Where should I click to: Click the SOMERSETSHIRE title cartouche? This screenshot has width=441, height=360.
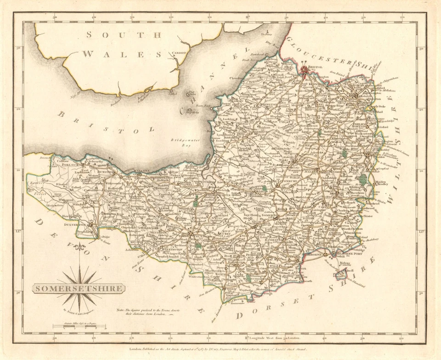point(78,289)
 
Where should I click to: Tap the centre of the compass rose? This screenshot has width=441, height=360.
point(81,283)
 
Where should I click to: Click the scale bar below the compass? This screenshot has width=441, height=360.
point(79,327)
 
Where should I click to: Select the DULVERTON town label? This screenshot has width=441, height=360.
point(75,223)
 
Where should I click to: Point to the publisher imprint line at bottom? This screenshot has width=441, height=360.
point(220,350)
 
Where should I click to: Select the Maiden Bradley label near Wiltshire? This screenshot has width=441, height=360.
point(382,185)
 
